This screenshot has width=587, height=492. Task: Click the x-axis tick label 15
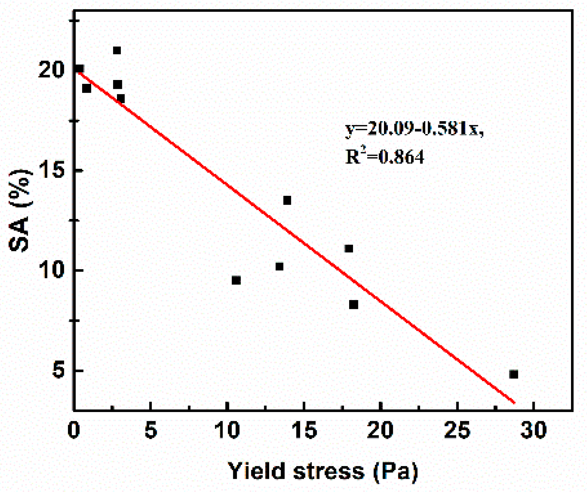tap(304, 430)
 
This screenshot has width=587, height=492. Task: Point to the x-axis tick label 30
tap(533, 430)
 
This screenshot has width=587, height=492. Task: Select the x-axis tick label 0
tap(74, 430)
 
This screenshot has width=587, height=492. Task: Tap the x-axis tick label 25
tap(457, 430)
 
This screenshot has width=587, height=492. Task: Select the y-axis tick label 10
tap(52, 271)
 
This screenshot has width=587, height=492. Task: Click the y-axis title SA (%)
tap(20, 210)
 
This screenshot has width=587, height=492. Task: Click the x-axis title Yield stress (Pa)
tap(323, 471)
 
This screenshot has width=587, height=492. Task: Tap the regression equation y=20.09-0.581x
tap(414, 129)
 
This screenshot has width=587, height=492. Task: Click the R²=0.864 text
tap(385, 156)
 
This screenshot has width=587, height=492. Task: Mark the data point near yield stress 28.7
tap(513, 374)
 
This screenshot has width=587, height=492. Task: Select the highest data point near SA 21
tap(117, 50)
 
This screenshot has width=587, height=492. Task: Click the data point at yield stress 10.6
tap(236, 280)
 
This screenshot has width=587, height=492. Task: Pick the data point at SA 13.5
tap(287, 200)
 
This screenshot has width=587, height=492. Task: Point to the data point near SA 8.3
tap(353, 305)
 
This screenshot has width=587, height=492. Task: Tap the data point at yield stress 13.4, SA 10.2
tap(279, 266)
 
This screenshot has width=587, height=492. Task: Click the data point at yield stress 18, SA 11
tap(349, 248)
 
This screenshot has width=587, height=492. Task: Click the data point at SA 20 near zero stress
tap(80, 69)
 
